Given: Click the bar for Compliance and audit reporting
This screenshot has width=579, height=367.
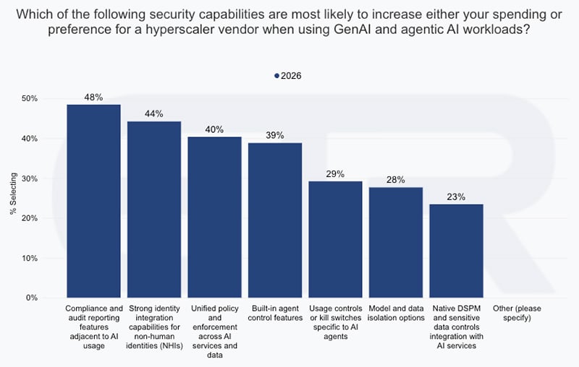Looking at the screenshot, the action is point(93,201).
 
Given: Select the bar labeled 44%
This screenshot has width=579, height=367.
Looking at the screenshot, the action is point(154,210).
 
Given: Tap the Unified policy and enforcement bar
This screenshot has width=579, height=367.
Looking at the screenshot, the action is point(214,217).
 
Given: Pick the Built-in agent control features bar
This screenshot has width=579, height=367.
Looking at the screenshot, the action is point(275,220).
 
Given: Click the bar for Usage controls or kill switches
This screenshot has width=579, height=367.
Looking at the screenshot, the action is point(335,239).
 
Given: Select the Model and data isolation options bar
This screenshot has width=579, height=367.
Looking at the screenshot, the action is point(396,243).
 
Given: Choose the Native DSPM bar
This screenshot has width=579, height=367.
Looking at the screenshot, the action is point(457,251).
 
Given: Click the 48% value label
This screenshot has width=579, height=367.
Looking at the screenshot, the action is point(93,98).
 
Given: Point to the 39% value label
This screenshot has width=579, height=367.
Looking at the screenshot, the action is point(275,135).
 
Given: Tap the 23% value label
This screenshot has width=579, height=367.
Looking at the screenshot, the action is point(456,197).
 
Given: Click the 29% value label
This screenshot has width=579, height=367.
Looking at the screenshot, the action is point(335,174).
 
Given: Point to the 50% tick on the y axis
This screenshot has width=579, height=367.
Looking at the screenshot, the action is point(30,99).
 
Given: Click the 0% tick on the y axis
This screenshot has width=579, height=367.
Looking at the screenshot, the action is point(32,298).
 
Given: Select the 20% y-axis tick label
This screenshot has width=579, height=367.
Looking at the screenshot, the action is point(30,218).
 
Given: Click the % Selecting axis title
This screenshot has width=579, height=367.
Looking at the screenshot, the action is point(13,194).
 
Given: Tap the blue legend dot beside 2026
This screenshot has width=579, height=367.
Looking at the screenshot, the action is point(276,76).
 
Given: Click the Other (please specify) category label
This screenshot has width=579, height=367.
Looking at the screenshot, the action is point(517,314).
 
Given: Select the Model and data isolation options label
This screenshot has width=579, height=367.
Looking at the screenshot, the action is point(396,314).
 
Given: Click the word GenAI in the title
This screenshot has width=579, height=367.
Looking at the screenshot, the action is point(353,29).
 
